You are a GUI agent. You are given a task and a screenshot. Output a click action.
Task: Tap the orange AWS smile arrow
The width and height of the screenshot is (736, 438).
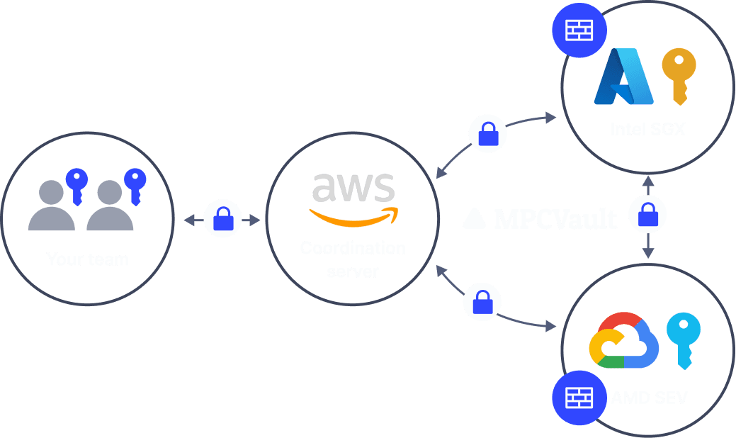pos(353,217)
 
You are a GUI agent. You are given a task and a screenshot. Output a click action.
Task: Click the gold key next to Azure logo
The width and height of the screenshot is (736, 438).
pos(679,75)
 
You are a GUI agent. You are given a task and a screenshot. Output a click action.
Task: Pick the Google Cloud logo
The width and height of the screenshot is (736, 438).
pos(623,341)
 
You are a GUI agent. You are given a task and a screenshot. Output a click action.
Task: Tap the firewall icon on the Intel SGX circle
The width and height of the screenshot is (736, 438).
pos(579,30)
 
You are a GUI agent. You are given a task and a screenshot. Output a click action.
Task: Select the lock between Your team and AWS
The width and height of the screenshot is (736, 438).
pos(223,220)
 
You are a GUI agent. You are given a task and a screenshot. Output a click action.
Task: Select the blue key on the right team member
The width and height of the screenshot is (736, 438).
pos(133,186)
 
